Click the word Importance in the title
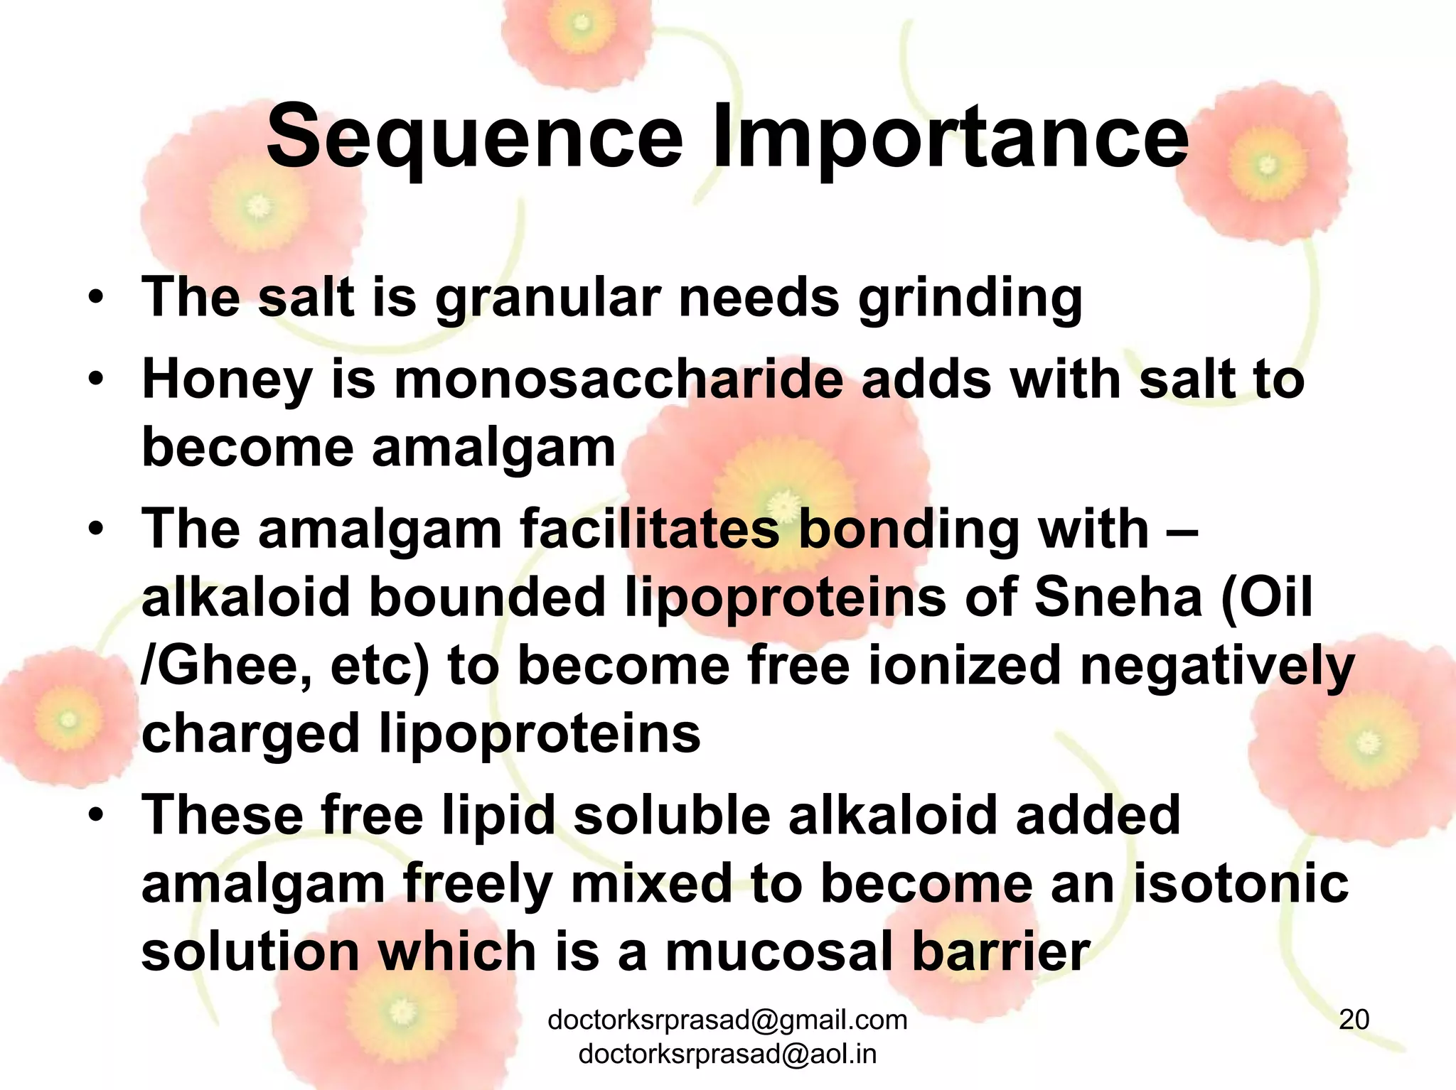pos(951,137)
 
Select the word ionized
pos(964,667)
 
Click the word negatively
pos(1217,667)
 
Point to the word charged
pos(250,735)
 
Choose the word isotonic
pos(1240,884)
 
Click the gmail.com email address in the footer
pos(727,1020)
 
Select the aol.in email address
pos(727,1054)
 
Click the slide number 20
pos(1354,1019)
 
